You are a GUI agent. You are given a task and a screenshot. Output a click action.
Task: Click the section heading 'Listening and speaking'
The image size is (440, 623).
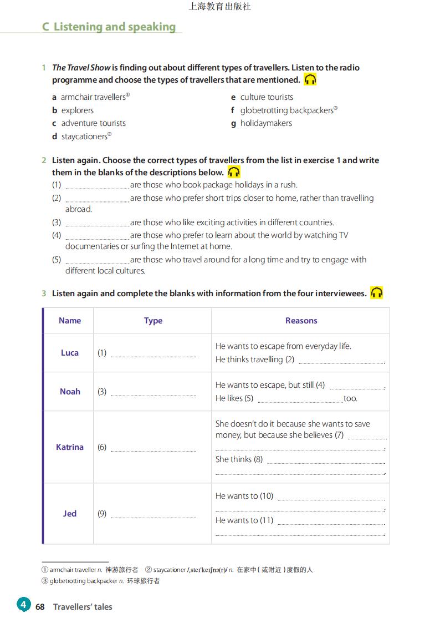pos(114,27)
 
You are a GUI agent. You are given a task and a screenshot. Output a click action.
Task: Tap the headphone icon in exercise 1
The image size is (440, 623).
pos(310,79)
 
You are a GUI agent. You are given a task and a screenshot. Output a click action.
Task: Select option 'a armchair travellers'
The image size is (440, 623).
pos(91,97)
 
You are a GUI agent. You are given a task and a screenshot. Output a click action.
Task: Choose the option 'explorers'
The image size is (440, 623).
pos(77,110)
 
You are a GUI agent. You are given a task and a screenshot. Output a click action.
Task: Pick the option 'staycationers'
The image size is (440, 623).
pos(84,136)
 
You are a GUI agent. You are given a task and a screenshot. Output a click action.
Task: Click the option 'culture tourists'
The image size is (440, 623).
pos(266,97)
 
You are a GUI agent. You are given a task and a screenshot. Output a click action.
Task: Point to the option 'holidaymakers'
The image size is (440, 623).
pos(265,123)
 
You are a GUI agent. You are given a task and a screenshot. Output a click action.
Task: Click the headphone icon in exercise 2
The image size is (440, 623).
pos(234,172)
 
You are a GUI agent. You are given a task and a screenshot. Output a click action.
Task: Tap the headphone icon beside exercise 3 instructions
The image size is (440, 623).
pos(377,293)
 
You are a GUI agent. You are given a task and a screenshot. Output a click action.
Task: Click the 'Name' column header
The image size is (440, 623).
pos(70,321)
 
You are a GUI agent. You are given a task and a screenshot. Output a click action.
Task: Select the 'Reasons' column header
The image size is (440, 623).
pos(301,321)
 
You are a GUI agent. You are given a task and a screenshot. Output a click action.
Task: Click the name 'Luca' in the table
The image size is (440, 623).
pos(70,353)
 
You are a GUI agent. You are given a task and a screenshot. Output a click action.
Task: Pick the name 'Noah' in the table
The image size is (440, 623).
pos(70,392)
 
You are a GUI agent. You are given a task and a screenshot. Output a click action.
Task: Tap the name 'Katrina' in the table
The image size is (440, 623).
pos(70,447)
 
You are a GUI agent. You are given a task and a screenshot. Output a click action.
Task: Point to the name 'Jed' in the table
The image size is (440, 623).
pos(70,514)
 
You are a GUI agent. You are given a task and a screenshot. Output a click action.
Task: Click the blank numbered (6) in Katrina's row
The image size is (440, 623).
pos(153,448)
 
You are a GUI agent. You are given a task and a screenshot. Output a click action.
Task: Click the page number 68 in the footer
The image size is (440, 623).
pos(40,607)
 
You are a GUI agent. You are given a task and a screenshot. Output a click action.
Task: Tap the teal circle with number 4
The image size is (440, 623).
pos(23,604)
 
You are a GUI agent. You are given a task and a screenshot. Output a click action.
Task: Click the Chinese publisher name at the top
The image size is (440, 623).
pos(219,7)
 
